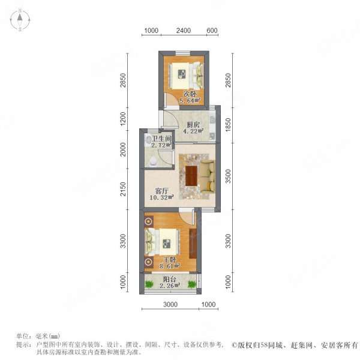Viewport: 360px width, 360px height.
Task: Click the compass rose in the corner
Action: [x=20, y=20]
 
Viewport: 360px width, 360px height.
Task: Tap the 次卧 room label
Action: [x=190, y=94]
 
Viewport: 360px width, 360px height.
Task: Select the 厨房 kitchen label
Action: [x=193, y=125]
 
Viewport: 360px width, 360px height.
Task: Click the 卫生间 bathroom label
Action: [x=162, y=139]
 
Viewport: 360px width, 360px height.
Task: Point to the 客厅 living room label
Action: [x=162, y=191]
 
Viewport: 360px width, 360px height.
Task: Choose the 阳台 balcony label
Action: [x=170, y=280]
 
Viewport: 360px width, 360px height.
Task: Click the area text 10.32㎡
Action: [x=161, y=197]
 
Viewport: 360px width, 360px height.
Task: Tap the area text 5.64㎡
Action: [x=190, y=101]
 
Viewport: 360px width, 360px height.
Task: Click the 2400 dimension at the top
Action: [x=184, y=31]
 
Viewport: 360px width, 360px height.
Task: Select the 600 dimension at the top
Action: [x=212, y=31]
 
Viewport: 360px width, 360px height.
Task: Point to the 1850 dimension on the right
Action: [x=228, y=125]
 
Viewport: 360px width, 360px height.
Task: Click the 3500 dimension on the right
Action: [x=228, y=176]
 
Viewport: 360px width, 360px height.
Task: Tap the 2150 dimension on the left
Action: [x=123, y=189]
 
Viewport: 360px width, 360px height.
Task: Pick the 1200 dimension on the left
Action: [x=123, y=119]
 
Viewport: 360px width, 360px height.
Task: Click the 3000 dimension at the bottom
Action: [x=170, y=304]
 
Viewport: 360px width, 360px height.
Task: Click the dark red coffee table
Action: [x=191, y=176]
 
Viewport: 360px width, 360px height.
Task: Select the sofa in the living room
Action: [x=208, y=176]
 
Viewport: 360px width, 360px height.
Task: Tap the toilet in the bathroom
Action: [x=152, y=161]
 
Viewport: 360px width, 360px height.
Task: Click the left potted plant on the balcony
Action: [x=149, y=284]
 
